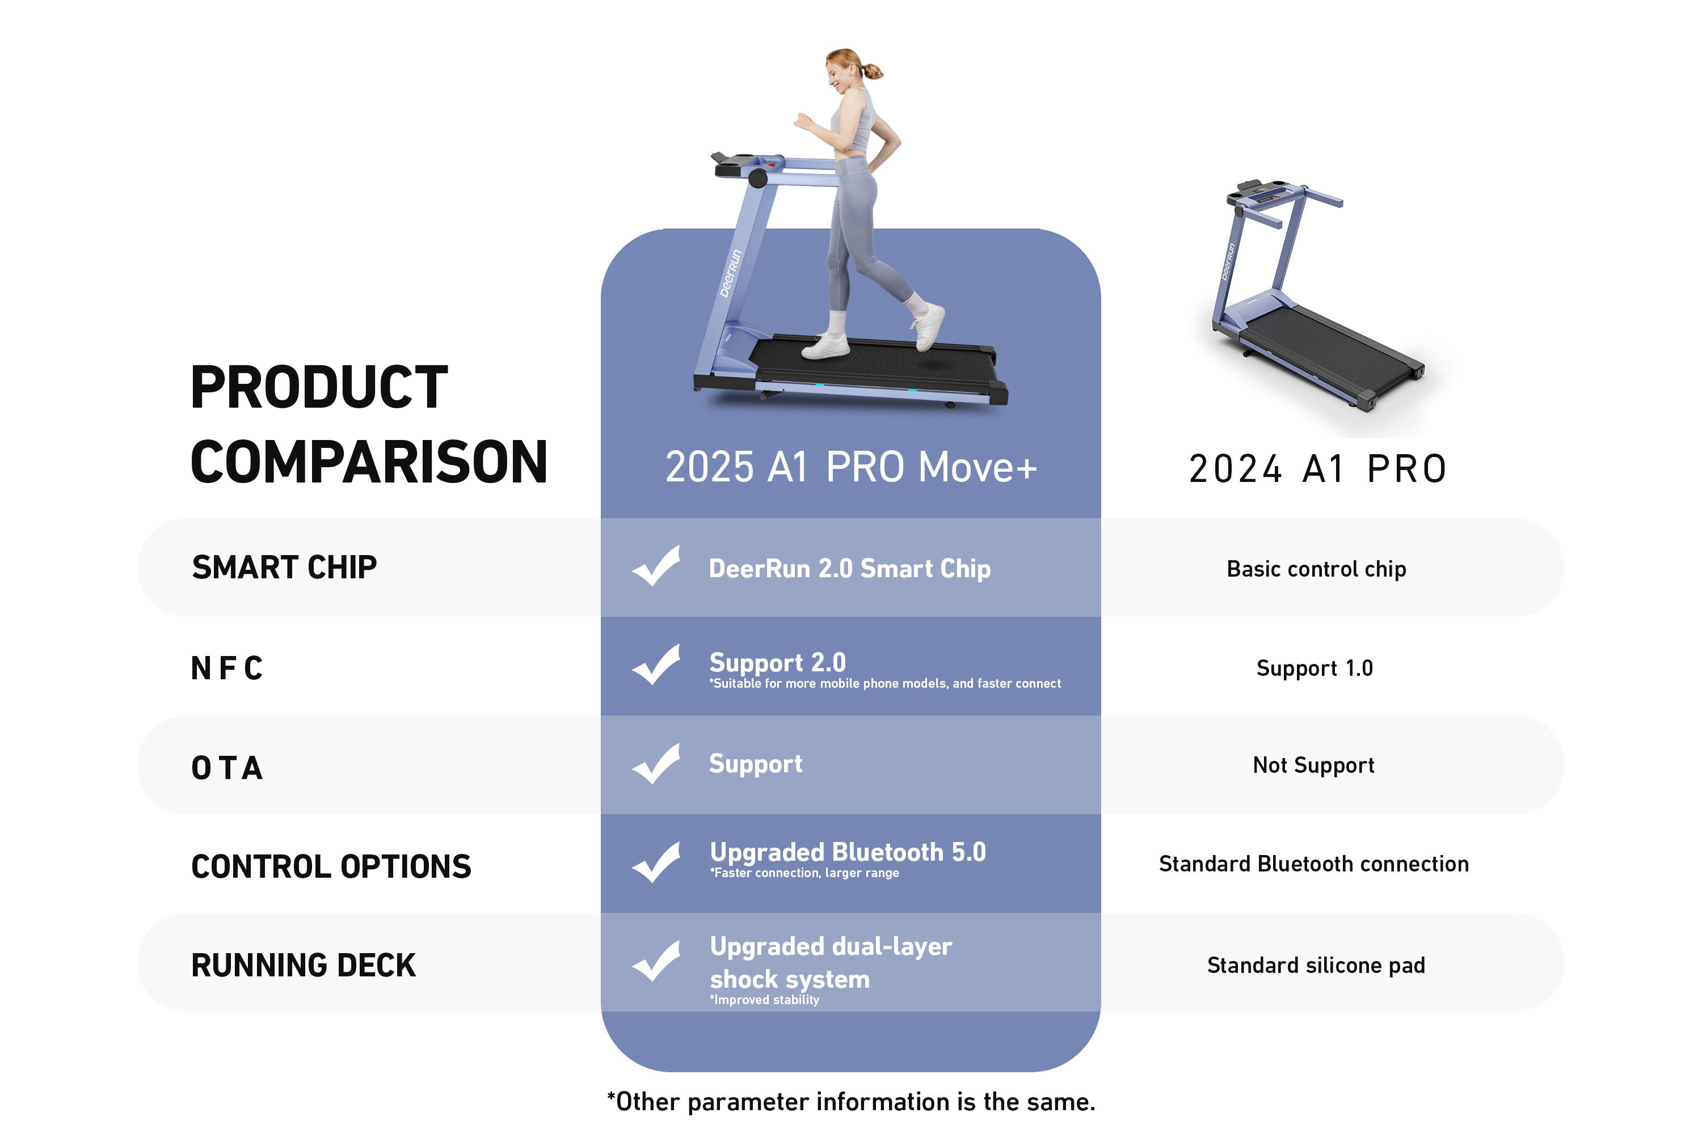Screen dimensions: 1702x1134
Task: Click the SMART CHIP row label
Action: [284, 568]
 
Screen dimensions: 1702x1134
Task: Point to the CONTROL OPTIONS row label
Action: [331, 866]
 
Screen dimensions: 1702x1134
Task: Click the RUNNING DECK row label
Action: [303, 966]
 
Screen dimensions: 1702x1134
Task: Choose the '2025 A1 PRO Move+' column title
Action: [851, 467]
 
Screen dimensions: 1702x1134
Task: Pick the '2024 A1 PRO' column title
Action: [1318, 469]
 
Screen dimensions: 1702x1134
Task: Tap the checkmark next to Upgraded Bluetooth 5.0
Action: [656, 862]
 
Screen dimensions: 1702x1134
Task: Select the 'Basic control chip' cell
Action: [1316, 569]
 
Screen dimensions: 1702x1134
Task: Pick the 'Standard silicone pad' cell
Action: [1316, 966]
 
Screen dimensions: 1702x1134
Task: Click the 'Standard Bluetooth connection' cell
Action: [1313, 864]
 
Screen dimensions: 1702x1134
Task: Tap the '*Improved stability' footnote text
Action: [764, 1000]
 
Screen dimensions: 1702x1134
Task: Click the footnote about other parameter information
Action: [851, 1102]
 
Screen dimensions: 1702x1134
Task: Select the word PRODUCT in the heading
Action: [319, 388]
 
